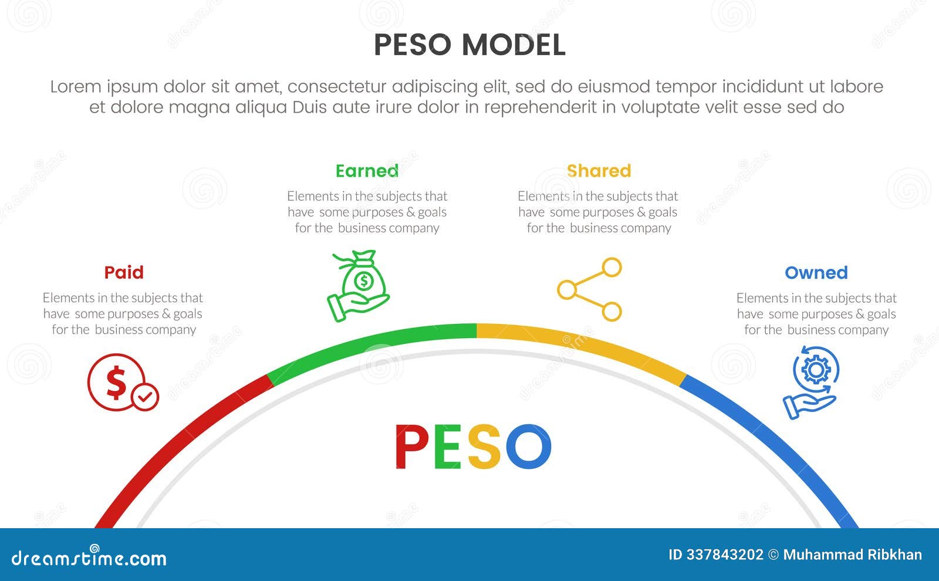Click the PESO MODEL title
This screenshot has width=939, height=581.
469,45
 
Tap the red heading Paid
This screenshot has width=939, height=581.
124,272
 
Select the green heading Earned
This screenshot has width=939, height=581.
367,171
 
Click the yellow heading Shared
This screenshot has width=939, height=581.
599,171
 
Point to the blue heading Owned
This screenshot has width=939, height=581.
816,272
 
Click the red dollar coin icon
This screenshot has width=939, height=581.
116,381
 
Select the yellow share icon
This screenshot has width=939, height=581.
590,289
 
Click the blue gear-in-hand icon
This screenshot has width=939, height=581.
812,381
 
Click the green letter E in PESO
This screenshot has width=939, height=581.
448,447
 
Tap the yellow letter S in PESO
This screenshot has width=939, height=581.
484,447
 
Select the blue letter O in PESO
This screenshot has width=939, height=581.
528,447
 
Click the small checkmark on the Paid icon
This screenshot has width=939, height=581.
144,397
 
